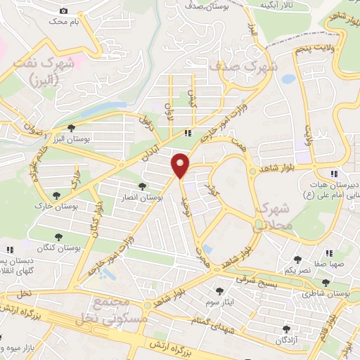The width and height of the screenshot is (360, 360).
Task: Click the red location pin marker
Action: pos(181,165)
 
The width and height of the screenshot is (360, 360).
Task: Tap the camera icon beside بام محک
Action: pos(64,11)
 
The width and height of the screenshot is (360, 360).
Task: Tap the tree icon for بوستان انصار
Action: pos(143,186)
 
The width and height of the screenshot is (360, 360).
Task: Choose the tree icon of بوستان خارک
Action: pos(56,195)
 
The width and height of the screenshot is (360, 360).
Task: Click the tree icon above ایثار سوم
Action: pos(219,290)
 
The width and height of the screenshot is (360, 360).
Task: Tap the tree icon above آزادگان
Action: pos(286,328)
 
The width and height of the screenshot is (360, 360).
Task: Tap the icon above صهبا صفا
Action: pos(327,253)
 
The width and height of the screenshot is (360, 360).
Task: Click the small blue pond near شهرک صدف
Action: pos(288,79)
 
